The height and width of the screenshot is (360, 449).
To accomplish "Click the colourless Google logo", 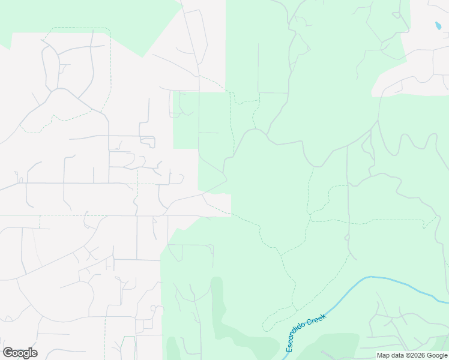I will click(x=20, y=353).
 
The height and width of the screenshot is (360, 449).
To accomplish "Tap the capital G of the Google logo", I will click(x=8, y=353).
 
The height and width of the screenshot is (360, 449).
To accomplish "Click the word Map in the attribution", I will click(x=383, y=355).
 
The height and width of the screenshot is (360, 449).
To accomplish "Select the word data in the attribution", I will click(x=397, y=355).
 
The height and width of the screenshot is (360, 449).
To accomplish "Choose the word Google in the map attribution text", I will click(x=438, y=355).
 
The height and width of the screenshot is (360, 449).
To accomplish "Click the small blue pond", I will click(x=438, y=26).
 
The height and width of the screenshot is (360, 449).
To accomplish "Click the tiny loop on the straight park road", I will click(x=347, y=238).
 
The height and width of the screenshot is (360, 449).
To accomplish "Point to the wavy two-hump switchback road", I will click(x=414, y=144).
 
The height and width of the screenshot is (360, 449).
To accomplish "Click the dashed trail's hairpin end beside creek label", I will click(x=264, y=329).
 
